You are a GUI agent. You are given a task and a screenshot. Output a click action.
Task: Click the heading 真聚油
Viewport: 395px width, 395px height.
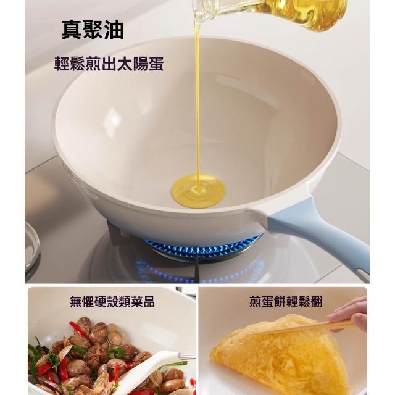93,30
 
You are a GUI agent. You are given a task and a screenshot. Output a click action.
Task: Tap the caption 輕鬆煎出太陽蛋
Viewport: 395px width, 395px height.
109,63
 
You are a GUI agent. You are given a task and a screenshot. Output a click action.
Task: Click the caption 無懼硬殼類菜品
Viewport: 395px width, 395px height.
112,301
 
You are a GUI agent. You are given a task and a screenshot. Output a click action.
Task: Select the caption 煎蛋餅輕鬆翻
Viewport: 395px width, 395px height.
286,301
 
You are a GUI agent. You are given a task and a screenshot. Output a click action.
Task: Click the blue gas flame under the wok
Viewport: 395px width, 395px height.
202,247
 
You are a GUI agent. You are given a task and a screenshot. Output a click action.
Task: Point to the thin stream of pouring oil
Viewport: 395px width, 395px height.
197,101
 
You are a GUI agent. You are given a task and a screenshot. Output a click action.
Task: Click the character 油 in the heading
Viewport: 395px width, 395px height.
114,30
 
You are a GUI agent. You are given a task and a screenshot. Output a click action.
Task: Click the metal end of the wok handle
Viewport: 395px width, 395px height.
362,275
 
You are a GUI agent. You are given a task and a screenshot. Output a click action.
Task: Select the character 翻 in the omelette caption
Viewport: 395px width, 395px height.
317,301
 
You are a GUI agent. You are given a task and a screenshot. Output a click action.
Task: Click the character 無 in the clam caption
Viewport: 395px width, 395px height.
76,301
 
